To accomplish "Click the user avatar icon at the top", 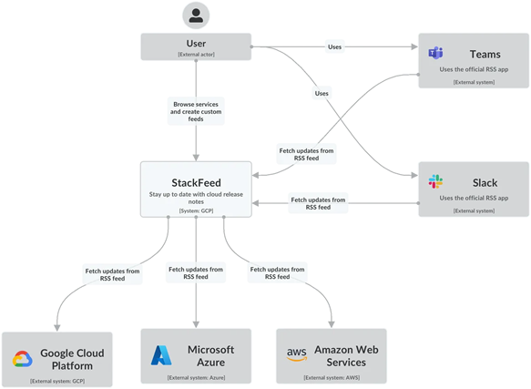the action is pyautogui.click(x=196, y=15).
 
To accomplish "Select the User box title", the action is pyautogui.click(x=196, y=44).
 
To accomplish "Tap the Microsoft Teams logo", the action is pyautogui.click(x=435, y=53).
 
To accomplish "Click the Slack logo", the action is pyautogui.click(x=435, y=181).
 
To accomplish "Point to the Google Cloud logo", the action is pyautogui.click(x=23, y=359).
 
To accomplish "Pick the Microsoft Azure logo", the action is pyautogui.click(x=161, y=355).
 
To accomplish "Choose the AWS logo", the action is pyautogui.click(x=297, y=354).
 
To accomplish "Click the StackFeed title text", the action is pyautogui.click(x=196, y=182).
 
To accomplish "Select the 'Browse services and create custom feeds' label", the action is pyautogui.click(x=196, y=111).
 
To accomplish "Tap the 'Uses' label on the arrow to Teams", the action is pyautogui.click(x=334, y=46).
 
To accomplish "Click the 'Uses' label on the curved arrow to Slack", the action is pyautogui.click(x=322, y=93).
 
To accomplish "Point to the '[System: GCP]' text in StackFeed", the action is pyautogui.click(x=196, y=210).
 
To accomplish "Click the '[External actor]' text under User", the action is pyautogui.click(x=196, y=55).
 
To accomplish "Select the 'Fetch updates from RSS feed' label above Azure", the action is pyautogui.click(x=196, y=272).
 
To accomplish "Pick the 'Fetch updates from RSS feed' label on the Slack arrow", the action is pyautogui.click(x=318, y=203).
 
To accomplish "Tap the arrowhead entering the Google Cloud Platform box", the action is pyautogui.click(x=57, y=328).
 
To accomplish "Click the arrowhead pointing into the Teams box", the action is pyautogui.click(x=414, y=46).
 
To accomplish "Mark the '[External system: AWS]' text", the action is pyautogui.click(x=332, y=377).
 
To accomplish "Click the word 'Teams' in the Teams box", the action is pyautogui.click(x=485, y=55).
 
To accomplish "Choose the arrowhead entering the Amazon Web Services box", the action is pyautogui.click(x=332, y=324).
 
